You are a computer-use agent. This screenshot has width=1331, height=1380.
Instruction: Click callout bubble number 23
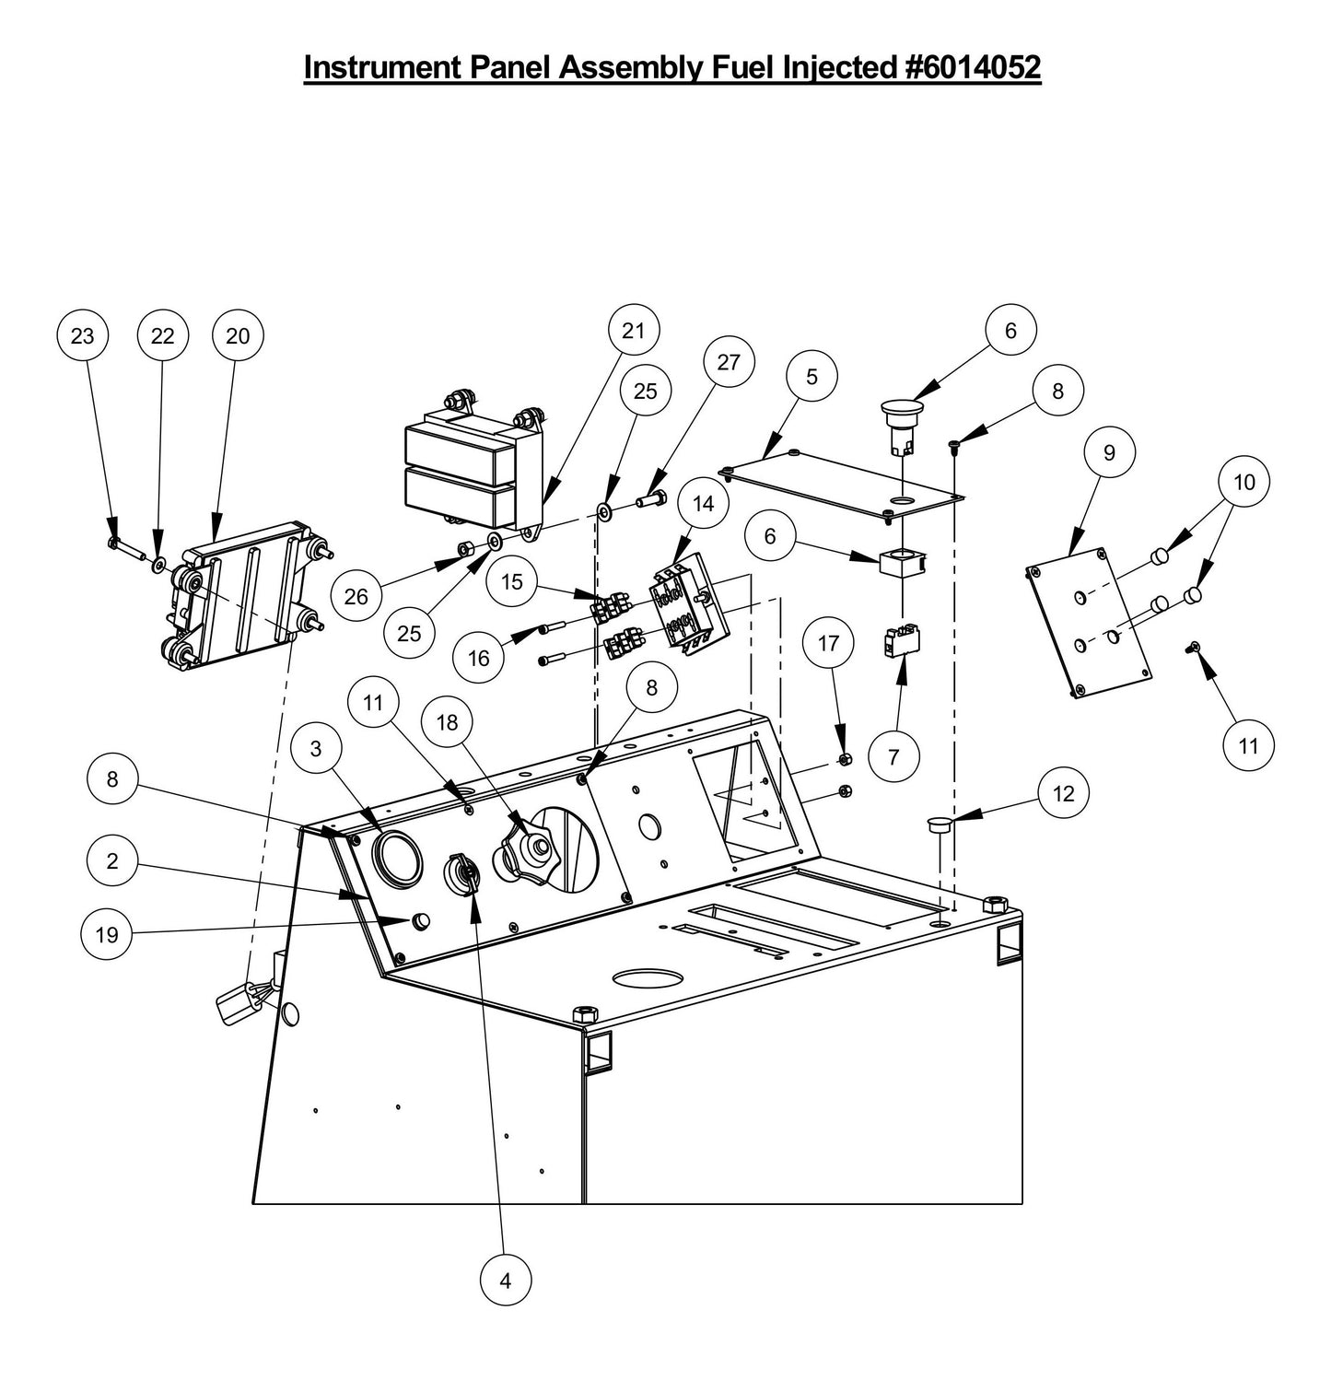pyautogui.click(x=82, y=336)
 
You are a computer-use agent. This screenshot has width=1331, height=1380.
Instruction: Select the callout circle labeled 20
pyautogui.click(x=238, y=336)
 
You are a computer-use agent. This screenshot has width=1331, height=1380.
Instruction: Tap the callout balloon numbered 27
pyautogui.click(x=729, y=362)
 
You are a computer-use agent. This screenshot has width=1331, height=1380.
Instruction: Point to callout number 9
pyautogui.click(x=1109, y=452)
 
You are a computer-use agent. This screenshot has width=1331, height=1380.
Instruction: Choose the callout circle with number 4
pyautogui.click(x=506, y=1280)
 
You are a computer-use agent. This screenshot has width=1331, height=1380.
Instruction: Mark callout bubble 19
pyautogui.click(x=107, y=934)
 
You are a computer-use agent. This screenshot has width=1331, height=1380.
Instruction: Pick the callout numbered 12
pyautogui.click(x=1063, y=793)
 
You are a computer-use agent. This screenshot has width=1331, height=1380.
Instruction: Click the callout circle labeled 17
pyautogui.click(x=828, y=642)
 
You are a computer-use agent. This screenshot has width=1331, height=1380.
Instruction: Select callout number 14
pyautogui.click(x=704, y=503)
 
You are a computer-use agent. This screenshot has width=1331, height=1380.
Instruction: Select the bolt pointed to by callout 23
pyautogui.click(x=123, y=547)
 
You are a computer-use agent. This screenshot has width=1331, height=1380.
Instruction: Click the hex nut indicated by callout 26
pyautogui.click(x=466, y=550)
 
